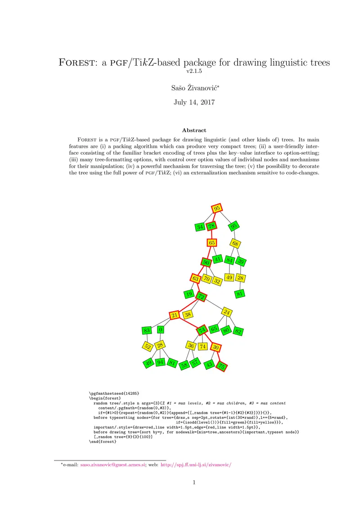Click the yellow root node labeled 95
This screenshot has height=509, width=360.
click(x=217, y=208)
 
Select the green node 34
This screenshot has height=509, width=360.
click(x=200, y=227)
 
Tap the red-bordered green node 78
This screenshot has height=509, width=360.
click(x=211, y=226)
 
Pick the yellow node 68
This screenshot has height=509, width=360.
click(x=235, y=244)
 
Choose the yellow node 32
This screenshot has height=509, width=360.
click(x=217, y=281)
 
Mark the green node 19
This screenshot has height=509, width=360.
click(x=189, y=295)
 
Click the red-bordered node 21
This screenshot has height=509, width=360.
click(x=174, y=315)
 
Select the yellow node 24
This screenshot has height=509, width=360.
click(x=227, y=312)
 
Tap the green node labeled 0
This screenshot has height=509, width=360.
click(x=161, y=330)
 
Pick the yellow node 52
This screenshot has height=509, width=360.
click(x=147, y=346)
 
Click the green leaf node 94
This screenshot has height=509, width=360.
click(x=160, y=362)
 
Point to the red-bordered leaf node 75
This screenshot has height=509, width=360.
click(x=221, y=366)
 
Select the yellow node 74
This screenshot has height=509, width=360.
click(x=202, y=347)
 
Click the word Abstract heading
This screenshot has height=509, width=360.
click(x=194, y=130)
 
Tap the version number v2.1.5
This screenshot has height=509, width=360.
click(x=194, y=71)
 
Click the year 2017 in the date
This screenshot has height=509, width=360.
click(x=206, y=102)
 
